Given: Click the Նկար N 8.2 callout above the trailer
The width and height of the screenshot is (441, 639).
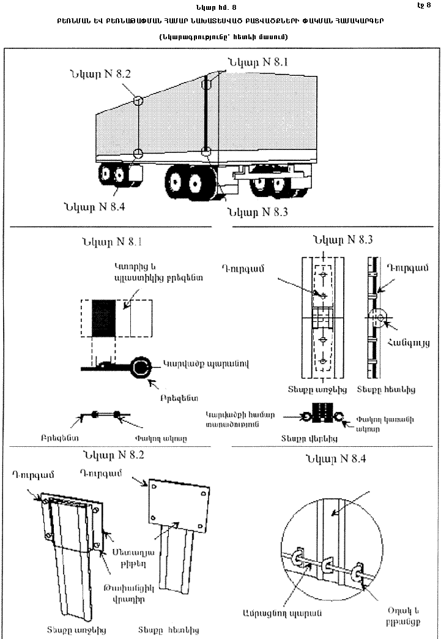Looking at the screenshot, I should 99,74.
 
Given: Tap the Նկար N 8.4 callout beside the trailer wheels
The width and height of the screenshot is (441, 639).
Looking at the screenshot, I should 93,206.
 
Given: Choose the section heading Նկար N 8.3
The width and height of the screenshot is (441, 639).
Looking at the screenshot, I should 342,239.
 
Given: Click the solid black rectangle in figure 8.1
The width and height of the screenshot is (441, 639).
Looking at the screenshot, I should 104,318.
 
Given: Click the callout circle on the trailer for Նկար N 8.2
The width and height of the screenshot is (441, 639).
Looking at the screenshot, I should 139,100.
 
